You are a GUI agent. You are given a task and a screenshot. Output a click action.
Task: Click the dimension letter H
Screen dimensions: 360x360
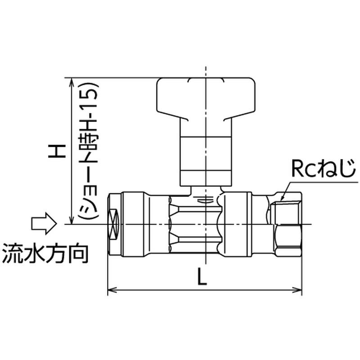(57, 151)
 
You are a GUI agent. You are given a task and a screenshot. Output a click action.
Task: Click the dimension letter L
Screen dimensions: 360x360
(202, 277)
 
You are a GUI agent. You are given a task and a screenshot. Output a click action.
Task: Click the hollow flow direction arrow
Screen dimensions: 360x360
(44, 223)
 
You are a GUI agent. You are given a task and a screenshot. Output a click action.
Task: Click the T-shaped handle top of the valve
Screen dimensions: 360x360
(206, 98)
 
